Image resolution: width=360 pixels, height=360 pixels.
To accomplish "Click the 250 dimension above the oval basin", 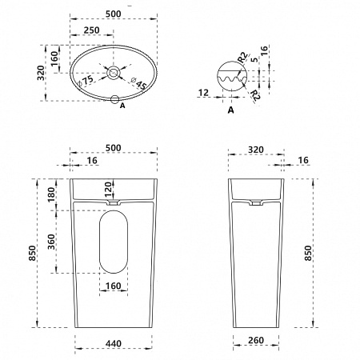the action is tap(91, 30).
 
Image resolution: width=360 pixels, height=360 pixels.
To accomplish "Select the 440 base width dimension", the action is tap(114, 343).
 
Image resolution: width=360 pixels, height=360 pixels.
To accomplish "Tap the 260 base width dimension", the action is tap(256, 340).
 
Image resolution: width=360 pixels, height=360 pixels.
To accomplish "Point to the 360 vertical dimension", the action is tap(51, 242).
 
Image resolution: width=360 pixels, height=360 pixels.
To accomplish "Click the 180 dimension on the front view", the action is tap(51, 194).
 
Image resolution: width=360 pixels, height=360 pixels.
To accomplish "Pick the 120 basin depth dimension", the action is tap(108, 189).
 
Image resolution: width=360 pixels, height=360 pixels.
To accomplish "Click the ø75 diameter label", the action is tap(86, 81).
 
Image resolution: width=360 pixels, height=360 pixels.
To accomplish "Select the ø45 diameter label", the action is tap(139, 83).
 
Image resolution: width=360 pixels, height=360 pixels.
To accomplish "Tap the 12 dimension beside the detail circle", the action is tap(203, 93).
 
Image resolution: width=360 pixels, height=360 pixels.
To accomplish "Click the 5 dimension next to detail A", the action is tap(255, 59).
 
